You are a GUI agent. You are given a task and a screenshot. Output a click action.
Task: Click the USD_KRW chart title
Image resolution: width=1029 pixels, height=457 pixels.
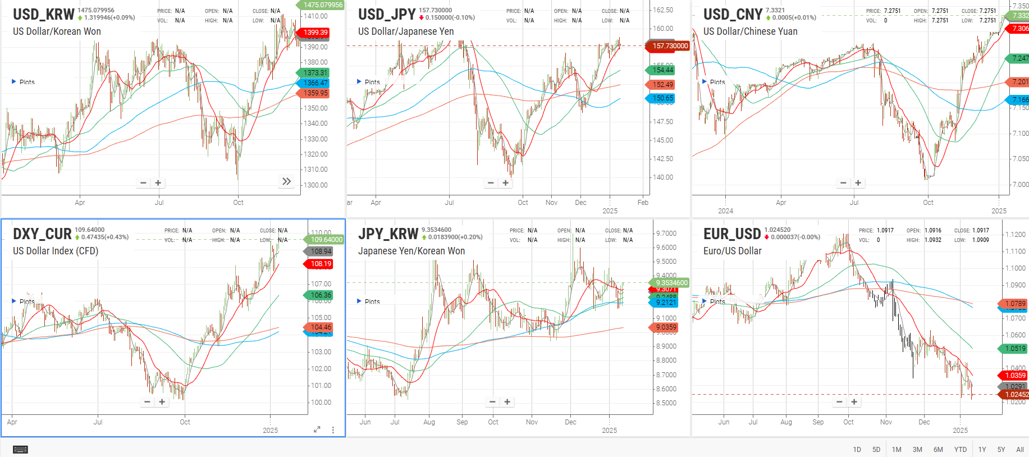pyautogui.click(x=44, y=14)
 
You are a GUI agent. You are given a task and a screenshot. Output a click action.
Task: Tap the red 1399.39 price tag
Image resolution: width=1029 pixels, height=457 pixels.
pyautogui.click(x=315, y=33)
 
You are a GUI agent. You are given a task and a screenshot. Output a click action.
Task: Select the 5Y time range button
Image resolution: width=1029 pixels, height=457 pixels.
pyautogui.click(x=1001, y=450)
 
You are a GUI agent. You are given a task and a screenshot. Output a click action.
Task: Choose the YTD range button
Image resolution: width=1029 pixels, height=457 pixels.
pyautogui.click(x=961, y=450)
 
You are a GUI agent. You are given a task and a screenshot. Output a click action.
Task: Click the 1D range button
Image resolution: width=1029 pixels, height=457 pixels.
pyautogui.click(x=857, y=450)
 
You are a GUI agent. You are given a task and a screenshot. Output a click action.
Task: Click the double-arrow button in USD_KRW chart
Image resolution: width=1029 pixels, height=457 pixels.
pyautogui.click(x=286, y=181)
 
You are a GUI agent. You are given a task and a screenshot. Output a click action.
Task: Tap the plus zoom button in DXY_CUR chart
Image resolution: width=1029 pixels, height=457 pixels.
pyautogui.click(x=162, y=402)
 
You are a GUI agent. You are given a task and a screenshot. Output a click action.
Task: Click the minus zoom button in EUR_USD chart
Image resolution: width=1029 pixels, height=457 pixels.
pyautogui.click(x=839, y=402)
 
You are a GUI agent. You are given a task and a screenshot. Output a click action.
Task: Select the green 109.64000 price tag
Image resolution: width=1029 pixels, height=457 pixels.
pyautogui.click(x=326, y=240)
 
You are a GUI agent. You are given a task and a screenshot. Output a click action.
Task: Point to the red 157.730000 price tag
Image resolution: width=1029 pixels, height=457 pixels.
pyautogui.click(x=669, y=46)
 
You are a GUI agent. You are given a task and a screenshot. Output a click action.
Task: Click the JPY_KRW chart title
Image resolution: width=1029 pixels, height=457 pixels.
pyautogui.click(x=388, y=234)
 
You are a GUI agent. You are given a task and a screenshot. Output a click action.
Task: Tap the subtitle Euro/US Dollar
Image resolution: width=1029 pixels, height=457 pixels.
pyautogui.click(x=732, y=251)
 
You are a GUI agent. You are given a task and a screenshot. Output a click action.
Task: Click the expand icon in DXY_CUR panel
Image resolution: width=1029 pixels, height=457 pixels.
pyautogui.click(x=317, y=429)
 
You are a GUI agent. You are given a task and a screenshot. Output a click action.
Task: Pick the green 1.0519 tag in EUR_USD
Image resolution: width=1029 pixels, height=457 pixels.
pyautogui.click(x=1014, y=349)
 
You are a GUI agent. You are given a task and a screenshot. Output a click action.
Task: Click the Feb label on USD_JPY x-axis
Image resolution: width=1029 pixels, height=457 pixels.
pyautogui.click(x=643, y=203)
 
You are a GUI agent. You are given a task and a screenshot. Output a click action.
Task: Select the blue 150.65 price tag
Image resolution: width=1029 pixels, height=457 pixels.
pyautogui.click(x=662, y=98)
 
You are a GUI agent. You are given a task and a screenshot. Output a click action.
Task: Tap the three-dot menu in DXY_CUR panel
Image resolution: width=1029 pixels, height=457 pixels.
pyautogui.click(x=333, y=429)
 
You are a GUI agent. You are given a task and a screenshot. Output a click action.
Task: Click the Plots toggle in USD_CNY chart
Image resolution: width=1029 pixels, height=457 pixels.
pyautogui.click(x=714, y=82)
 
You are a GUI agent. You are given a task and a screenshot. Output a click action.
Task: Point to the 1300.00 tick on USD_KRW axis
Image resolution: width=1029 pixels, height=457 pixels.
pyautogui.click(x=315, y=185)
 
